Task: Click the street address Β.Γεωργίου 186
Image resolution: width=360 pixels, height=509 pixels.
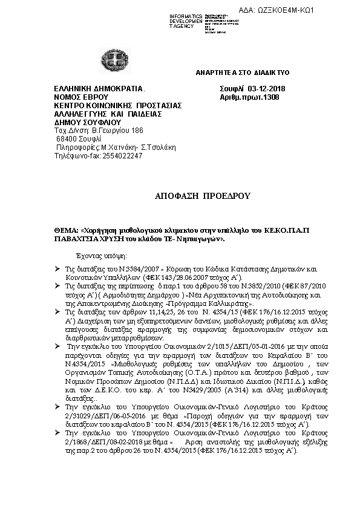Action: [x=116, y=130]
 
